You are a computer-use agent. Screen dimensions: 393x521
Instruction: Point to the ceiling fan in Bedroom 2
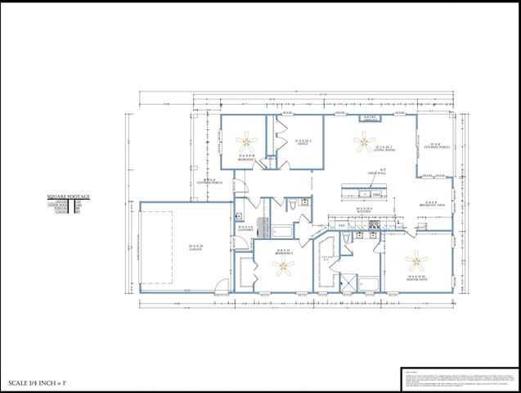click(x=284, y=268)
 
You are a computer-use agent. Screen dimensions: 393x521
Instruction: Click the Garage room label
click(x=196, y=246)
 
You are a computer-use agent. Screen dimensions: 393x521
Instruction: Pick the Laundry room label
click(x=245, y=228)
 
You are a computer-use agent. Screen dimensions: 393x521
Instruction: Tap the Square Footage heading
click(x=68, y=197)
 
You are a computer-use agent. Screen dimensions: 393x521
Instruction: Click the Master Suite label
click(x=417, y=278)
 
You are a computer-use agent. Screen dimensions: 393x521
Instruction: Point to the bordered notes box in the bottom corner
click(x=460, y=380)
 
